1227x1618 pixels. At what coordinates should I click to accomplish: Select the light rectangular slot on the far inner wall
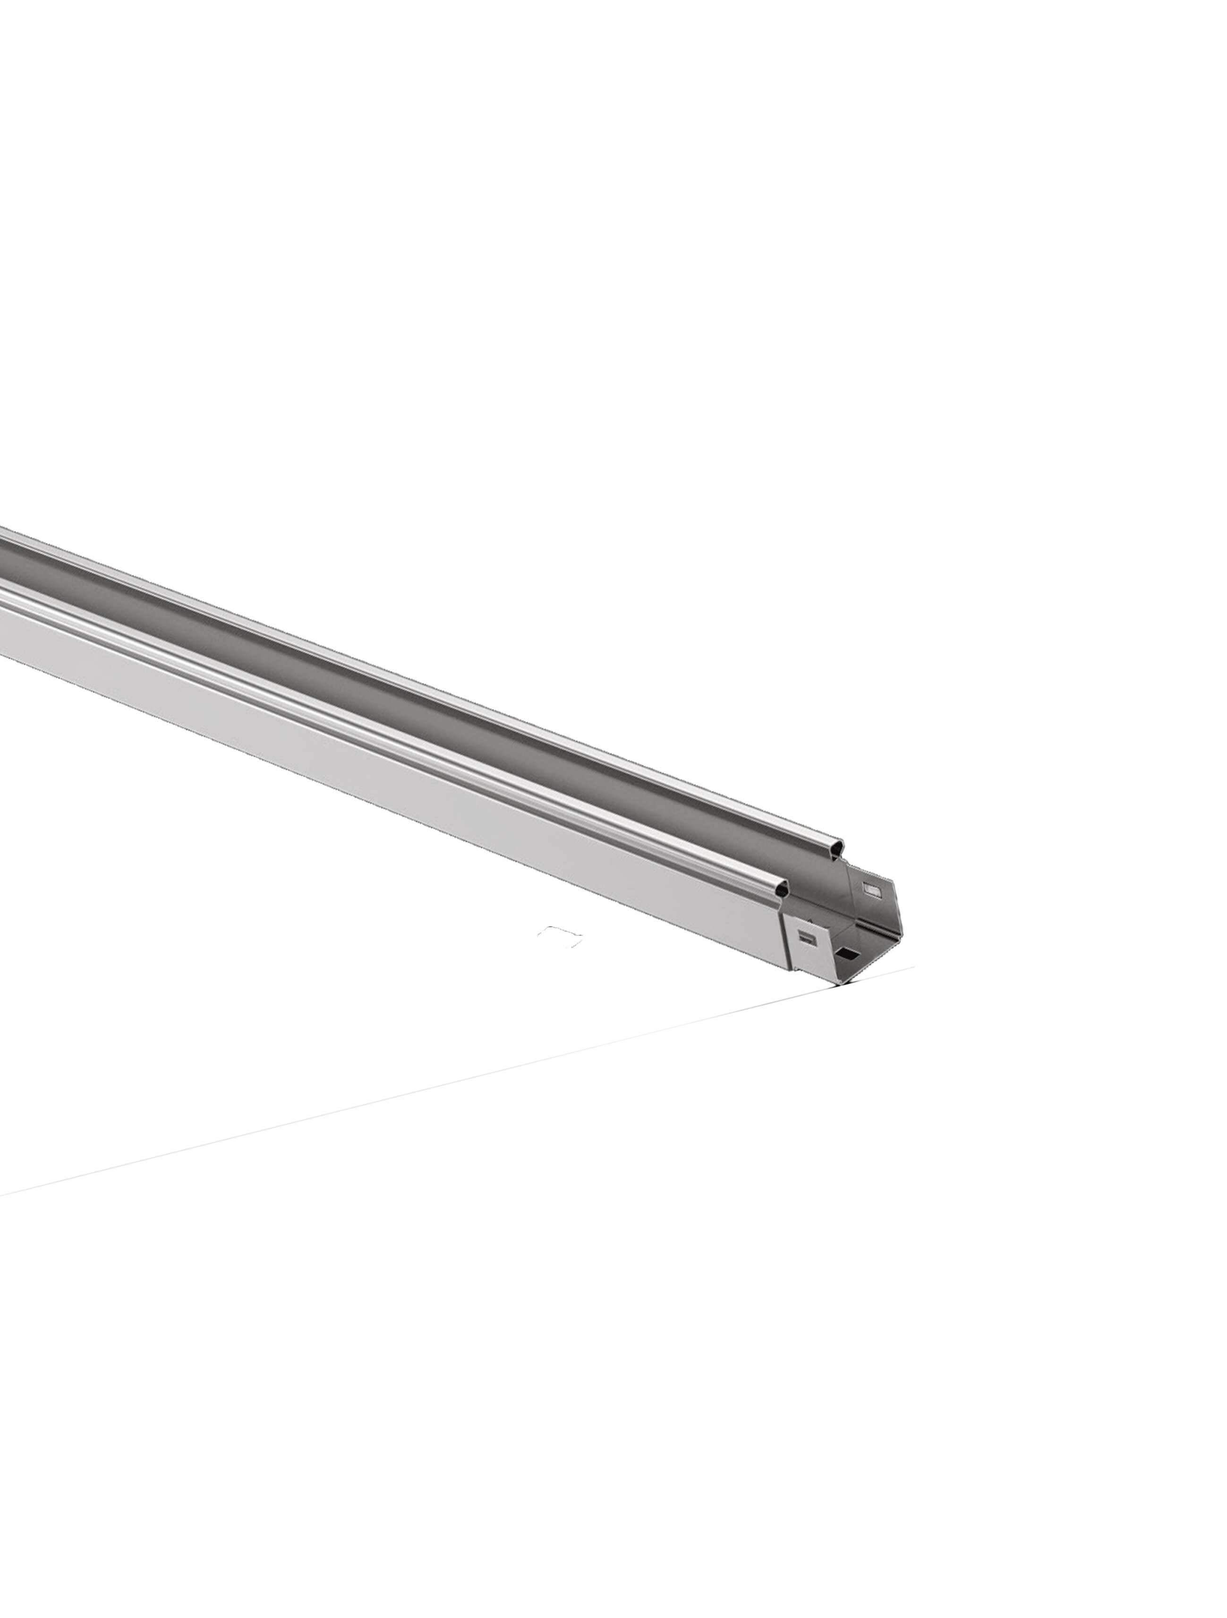(872, 890)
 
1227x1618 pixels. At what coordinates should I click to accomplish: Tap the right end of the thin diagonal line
(912, 967)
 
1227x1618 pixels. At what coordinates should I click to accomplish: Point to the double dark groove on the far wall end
(878, 929)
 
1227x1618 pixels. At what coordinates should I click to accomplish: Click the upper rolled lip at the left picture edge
(4, 532)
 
